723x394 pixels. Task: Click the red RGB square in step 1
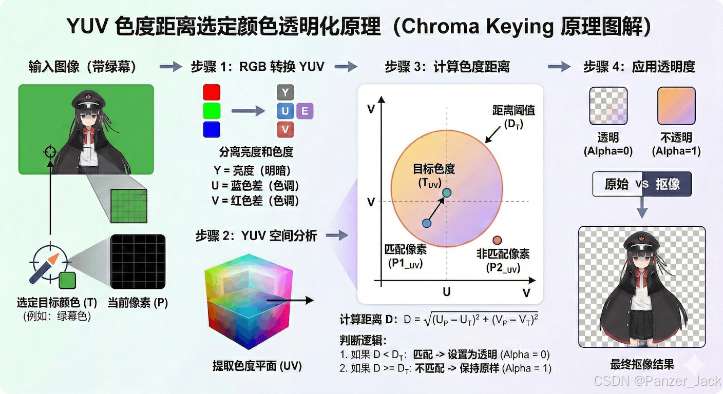pos(212,92)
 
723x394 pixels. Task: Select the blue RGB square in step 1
pos(212,129)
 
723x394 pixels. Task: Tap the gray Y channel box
pos(285,92)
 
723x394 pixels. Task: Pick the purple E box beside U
pos(305,111)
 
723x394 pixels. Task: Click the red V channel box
pos(285,129)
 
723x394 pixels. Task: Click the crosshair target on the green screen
pos(50,152)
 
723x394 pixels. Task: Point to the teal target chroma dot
pos(447,192)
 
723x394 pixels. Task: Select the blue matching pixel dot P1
pos(426,223)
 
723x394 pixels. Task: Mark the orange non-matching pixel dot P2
pos(497,240)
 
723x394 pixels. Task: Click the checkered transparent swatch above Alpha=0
pos(608,106)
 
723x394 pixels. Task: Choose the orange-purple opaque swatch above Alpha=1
pos(676,106)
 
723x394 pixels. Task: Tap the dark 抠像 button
pos(668,184)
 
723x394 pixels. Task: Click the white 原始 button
pos(616,184)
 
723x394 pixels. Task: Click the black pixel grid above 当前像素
pos(138,262)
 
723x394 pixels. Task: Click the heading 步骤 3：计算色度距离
pos(447,67)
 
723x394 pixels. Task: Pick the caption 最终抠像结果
pos(642,365)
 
